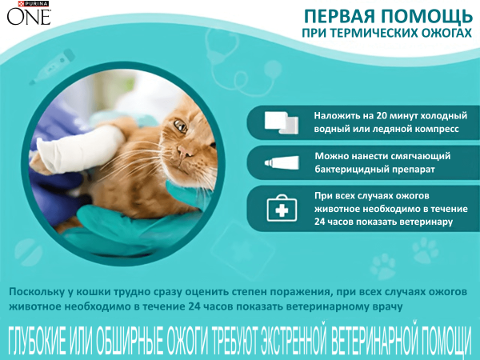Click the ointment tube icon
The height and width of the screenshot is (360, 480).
(x=282, y=163)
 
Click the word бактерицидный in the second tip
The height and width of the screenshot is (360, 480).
(x=349, y=170)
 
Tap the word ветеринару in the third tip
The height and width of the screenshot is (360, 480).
(x=423, y=221)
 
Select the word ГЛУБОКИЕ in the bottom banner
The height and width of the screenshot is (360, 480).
(x=38, y=339)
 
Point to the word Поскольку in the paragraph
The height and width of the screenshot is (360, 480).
(x=39, y=292)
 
